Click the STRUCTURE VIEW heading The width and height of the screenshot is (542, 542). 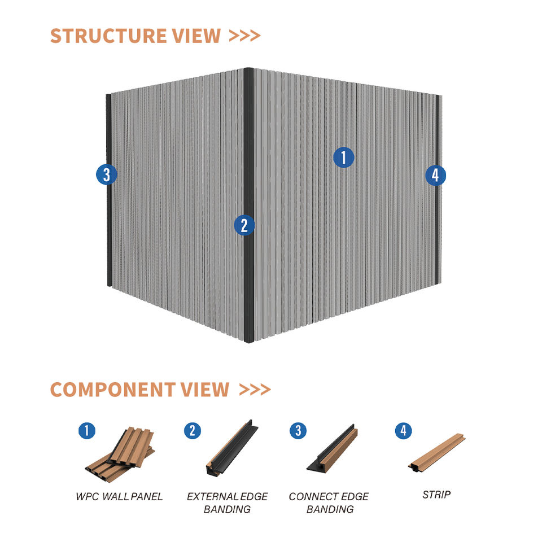coord(135,36)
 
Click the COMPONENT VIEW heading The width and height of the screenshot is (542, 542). coord(139,390)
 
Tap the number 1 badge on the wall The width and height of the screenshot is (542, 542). coord(343,158)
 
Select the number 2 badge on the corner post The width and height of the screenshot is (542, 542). coord(244,225)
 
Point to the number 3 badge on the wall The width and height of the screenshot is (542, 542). coord(106,174)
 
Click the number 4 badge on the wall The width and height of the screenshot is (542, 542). coord(435,176)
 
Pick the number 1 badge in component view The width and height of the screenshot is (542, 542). coord(86,431)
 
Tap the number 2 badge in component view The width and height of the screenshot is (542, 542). coord(192,431)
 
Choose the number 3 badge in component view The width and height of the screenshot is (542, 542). coord(298,431)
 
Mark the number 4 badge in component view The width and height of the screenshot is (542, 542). coord(403,431)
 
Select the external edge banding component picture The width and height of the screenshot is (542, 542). coord(231,448)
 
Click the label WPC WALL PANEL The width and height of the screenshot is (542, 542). coord(119,497)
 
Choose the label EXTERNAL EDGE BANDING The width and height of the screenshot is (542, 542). coord(227,503)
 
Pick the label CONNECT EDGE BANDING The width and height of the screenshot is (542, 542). coord(329,503)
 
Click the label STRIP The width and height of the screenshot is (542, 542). coord(436,495)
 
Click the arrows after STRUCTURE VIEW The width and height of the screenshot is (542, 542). coord(245,36)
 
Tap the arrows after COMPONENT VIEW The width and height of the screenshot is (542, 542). coord(255,390)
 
